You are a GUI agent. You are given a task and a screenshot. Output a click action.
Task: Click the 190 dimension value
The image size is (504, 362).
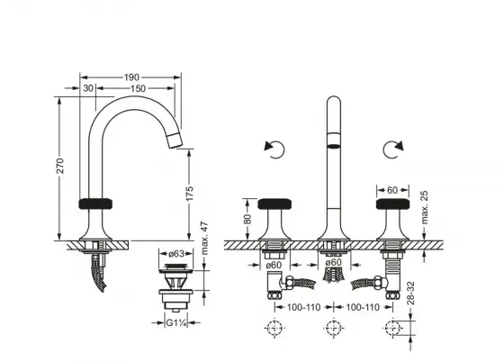click(x=131, y=77)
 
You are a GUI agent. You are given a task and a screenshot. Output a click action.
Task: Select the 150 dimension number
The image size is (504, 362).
click(x=138, y=88)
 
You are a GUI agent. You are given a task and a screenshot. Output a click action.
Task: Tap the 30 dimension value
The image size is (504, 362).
click(x=88, y=88)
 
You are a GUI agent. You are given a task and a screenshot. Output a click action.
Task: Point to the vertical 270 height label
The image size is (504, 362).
click(x=60, y=166)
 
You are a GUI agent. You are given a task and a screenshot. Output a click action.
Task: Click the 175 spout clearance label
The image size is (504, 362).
click(x=190, y=194)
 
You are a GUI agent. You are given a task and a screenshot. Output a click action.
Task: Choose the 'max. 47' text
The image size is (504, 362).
click(x=204, y=239)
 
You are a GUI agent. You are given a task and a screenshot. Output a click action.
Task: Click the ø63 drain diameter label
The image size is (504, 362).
click(x=176, y=254)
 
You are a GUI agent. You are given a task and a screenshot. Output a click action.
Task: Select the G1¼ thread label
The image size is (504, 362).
click(x=176, y=322)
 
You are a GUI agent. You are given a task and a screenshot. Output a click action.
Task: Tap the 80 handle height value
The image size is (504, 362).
click(x=247, y=219)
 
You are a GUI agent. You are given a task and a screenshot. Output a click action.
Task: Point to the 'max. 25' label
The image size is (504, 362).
click(x=424, y=207)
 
